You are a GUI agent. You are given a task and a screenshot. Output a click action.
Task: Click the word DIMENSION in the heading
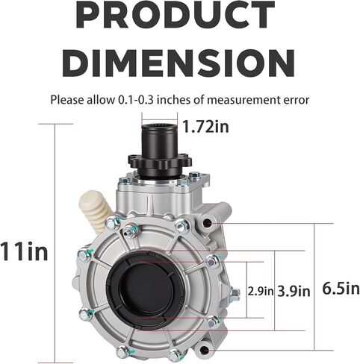tap(179, 63)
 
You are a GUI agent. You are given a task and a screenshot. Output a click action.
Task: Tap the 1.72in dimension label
tap(205, 127)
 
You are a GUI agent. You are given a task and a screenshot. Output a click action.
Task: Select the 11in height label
tap(24, 251)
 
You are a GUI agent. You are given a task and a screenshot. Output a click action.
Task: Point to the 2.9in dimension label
tap(261, 291)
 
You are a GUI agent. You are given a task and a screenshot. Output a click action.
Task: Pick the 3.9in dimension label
tap(294, 291)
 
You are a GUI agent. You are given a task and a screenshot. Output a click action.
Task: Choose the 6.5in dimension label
tap(341, 289)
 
